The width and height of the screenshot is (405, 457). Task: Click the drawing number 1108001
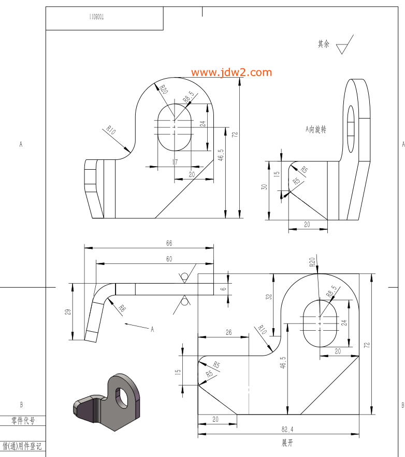click(x=96, y=17)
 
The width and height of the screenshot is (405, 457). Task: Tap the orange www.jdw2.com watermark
click(x=232, y=72)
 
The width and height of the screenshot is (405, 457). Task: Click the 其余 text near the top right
click(x=324, y=44)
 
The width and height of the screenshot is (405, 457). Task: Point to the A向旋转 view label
click(x=316, y=129)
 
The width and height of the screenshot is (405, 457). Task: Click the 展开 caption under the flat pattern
click(x=287, y=443)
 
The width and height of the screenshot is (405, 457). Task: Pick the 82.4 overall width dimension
click(x=287, y=430)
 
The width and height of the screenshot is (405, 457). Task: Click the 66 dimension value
click(x=169, y=243)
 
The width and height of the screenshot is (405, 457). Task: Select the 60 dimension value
click(x=169, y=259)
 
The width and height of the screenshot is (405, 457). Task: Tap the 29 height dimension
click(x=68, y=312)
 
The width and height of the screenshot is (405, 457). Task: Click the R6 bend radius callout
click(x=122, y=308)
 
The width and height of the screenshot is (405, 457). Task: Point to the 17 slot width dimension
click(x=175, y=162)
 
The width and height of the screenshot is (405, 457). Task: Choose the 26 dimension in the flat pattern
click(x=228, y=332)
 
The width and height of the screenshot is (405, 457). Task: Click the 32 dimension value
click(x=269, y=297)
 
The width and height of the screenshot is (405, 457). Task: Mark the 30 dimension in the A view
click(x=264, y=187)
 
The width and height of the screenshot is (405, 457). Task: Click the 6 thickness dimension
click(x=223, y=289)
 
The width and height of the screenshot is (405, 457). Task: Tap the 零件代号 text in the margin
click(x=23, y=421)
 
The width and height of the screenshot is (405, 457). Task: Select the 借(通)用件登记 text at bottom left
click(x=22, y=446)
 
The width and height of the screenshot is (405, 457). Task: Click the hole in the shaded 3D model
click(x=122, y=397)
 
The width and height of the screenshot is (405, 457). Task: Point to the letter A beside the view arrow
click(x=152, y=329)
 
